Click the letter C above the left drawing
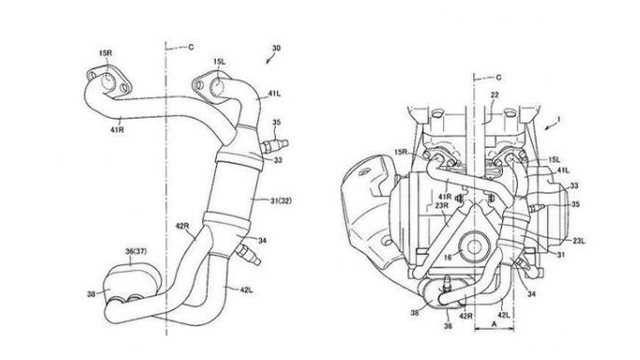pos(190,47)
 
